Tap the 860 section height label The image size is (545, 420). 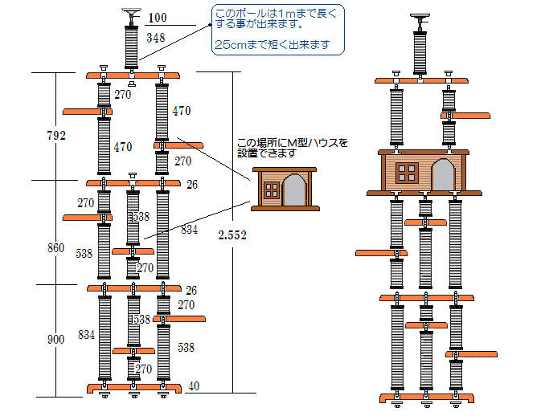55,248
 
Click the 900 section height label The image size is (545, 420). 55,340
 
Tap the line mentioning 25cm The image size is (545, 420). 272,45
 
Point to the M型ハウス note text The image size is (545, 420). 293,148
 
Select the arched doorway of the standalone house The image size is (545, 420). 293,191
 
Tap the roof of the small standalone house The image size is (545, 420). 284,170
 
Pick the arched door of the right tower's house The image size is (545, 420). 442,174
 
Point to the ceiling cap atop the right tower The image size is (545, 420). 418,18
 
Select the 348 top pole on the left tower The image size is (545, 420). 129,47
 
